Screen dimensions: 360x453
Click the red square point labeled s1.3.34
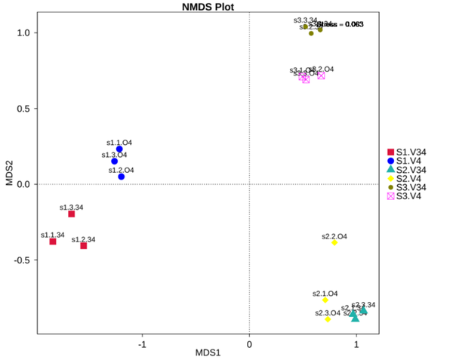[x=71, y=214]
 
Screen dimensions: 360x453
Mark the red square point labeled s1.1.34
[x=53, y=242]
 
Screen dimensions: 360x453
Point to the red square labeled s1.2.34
[x=84, y=245]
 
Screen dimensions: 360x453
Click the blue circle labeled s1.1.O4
[x=119, y=149]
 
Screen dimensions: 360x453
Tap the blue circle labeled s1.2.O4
[x=121, y=177]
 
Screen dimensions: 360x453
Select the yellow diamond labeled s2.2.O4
[x=334, y=242]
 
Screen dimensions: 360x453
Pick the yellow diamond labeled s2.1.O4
[x=325, y=300]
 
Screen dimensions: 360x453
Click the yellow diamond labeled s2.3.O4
[x=328, y=319]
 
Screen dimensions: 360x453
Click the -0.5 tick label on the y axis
[x=23, y=260]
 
